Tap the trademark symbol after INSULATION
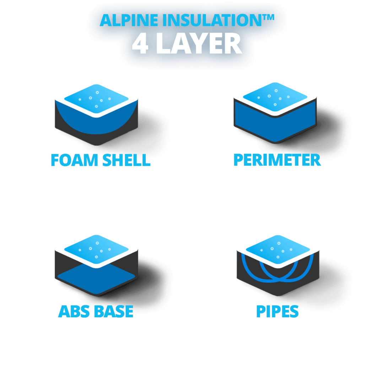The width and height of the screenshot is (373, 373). pos(268,17)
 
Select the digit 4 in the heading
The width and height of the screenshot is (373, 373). pos(140,44)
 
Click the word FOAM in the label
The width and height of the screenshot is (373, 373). pos(74,160)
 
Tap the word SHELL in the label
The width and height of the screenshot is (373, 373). pos(126,160)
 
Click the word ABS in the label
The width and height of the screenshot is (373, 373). pos(74,312)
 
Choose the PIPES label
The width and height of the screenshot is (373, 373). pos(277,312)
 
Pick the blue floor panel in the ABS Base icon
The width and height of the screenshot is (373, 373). pos(96,280)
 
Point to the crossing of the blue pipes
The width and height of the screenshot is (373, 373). pos(278,278)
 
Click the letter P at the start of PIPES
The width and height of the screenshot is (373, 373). pos(261,312)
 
